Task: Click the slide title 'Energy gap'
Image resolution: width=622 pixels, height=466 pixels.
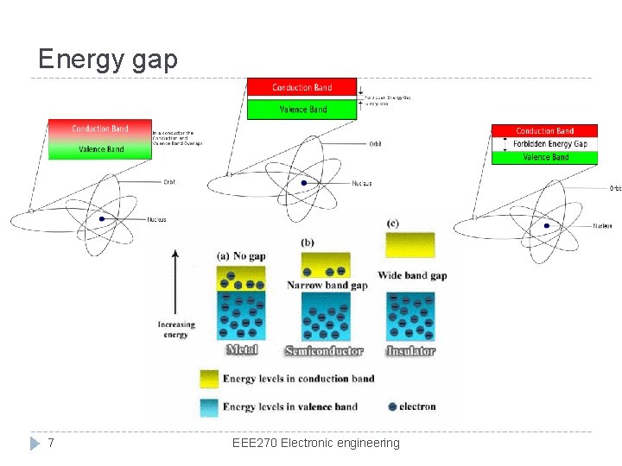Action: [108, 59]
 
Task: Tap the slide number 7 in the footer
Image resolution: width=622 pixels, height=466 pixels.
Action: [51, 443]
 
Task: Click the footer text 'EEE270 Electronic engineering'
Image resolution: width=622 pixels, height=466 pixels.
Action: [316, 443]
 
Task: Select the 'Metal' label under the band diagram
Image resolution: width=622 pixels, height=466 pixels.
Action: [241, 350]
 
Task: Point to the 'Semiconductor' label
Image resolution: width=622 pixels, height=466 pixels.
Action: [324, 351]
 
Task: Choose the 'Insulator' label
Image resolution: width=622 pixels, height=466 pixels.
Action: [410, 351]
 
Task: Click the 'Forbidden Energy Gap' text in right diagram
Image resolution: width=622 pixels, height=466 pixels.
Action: [549, 144]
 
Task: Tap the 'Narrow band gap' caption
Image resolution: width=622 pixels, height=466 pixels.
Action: [327, 285]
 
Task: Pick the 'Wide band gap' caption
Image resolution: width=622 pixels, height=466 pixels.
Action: [413, 276]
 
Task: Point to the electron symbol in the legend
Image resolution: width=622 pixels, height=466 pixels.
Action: [393, 406]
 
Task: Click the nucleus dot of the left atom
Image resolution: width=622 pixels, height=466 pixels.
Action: [102, 219]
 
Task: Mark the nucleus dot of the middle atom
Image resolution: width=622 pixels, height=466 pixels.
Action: [303, 183]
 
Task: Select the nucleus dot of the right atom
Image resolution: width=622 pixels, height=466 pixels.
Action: [546, 226]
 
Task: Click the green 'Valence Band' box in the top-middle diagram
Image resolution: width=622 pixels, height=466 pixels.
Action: [302, 110]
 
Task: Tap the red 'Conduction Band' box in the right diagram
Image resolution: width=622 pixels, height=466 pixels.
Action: [545, 131]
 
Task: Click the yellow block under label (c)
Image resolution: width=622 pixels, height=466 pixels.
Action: [410, 244]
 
